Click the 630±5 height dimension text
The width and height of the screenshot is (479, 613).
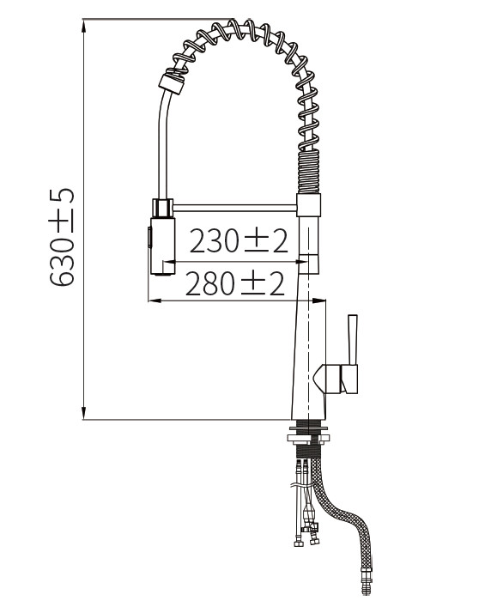[62, 238]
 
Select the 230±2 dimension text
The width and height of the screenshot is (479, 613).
[238, 242]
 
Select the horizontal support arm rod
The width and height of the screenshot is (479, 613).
[235, 206]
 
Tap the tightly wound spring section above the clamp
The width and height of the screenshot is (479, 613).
[308, 172]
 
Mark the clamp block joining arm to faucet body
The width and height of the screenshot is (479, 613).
[310, 205]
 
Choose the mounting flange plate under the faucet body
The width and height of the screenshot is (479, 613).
[306, 437]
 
